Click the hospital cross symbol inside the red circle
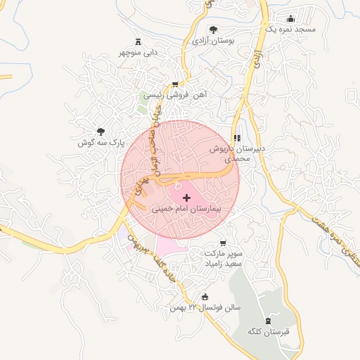coord(186,199)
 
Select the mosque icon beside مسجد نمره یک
coord(290,19)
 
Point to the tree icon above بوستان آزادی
coord(213,30)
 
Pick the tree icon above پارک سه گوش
coord(101,131)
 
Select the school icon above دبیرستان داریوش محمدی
coord(236,138)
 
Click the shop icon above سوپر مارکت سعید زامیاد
coord(224,241)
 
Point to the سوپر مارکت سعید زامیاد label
coord(224,256)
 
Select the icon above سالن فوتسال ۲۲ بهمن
coord(205,297)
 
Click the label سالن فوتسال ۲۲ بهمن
coord(205,309)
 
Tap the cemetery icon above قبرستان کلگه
coord(267,320)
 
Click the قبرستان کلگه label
coord(264,331)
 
